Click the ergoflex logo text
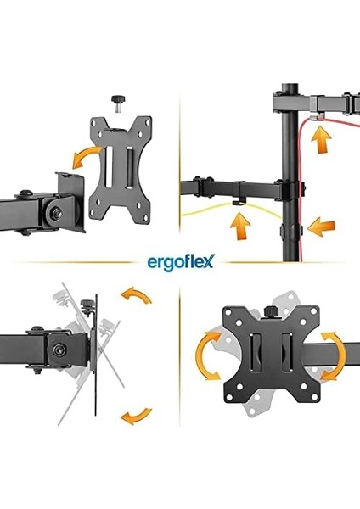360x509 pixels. click(x=180, y=257)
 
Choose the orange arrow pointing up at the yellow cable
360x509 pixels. click(x=243, y=226)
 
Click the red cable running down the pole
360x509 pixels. click(x=307, y=170)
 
